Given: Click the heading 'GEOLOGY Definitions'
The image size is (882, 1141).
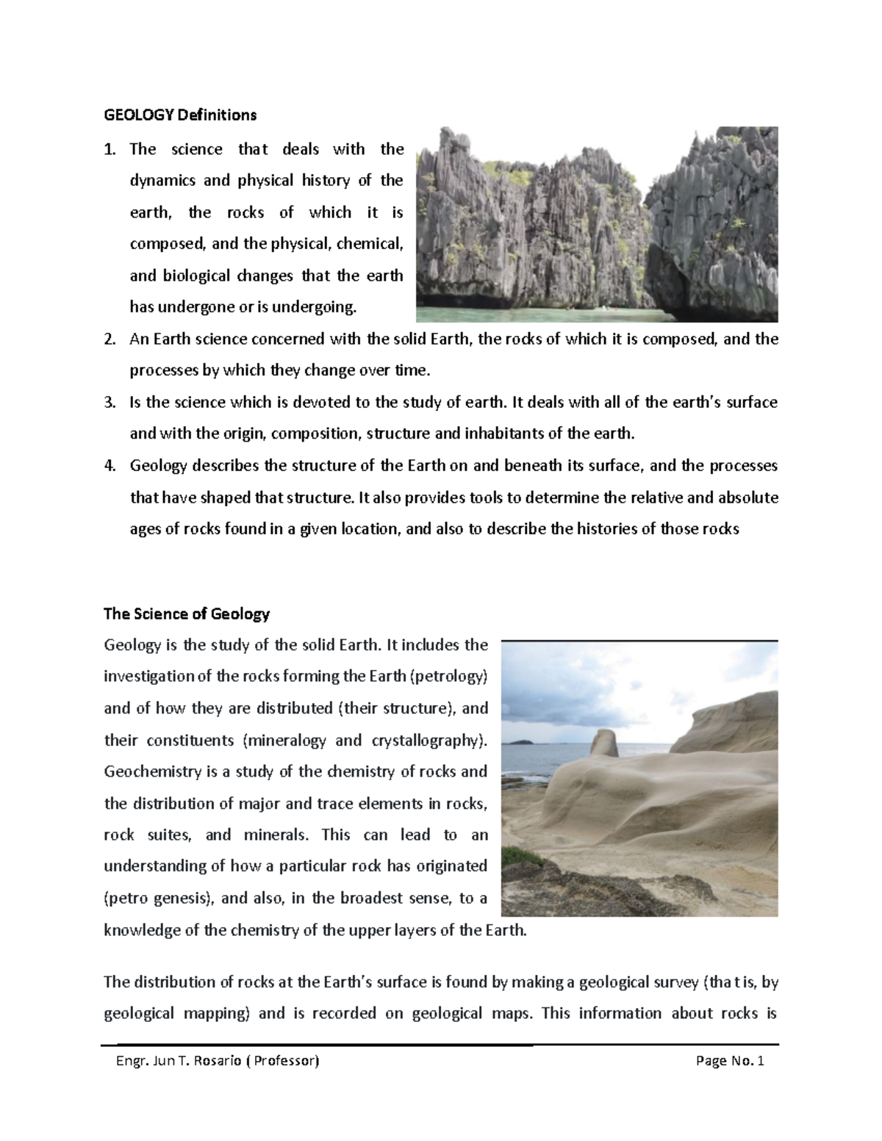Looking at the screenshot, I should click(x=180, y=115).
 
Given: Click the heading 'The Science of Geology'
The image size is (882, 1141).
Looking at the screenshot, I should click(x=187, y=613).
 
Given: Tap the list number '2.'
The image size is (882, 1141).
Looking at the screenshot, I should click(x=110, y=339).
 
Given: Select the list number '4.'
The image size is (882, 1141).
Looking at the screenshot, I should click(x=110, y=466).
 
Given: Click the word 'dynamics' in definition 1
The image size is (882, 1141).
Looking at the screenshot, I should click(x=160, y=181).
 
